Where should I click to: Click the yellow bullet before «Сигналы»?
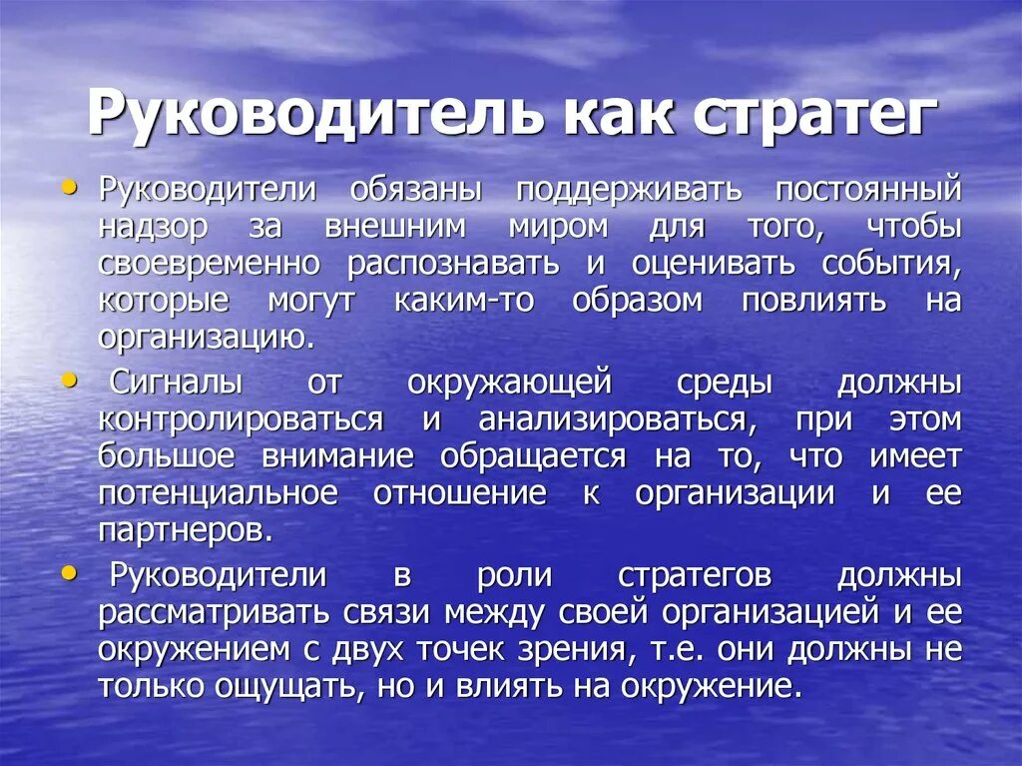point(69,381)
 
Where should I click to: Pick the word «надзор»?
point(153,227)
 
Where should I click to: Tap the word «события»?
point(891,264)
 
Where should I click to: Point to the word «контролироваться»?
point(240,418)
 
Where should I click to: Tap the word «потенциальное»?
point(218,492)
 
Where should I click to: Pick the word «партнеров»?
point(183,529)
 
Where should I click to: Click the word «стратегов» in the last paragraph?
point(695,575)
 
